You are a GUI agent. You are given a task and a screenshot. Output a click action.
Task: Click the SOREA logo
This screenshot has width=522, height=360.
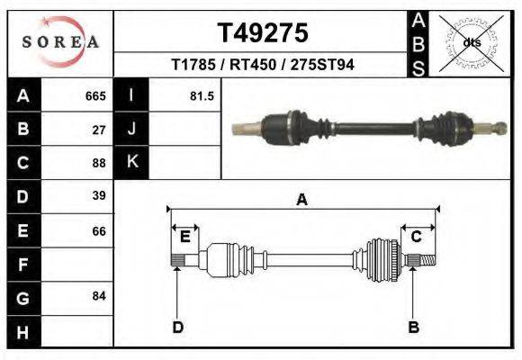[x=60, y=41]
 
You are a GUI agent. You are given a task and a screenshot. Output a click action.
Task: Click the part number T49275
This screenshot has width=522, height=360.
[x=262, y=32]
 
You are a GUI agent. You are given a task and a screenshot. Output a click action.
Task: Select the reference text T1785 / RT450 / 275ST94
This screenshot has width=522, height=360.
[x=262, y=66]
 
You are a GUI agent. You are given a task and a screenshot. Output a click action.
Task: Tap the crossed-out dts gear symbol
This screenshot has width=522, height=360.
[x=471, y=42]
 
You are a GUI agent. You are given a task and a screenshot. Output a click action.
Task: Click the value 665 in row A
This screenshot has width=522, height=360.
[x=95, y=95]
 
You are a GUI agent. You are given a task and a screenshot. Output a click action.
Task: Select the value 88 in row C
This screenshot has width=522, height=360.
[x=99, y=164]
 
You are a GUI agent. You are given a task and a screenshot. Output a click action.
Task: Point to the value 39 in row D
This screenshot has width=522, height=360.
[x=99, y=196]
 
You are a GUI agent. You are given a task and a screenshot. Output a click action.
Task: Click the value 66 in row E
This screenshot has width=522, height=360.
[x=99, y=231]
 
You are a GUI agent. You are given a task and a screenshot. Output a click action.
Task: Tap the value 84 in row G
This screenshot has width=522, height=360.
[x=99, y=296]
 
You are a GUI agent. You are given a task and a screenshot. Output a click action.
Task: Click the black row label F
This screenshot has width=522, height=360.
[x=22, y=265]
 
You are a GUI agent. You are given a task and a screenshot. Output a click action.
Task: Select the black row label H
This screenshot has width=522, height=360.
[x=22, y=332]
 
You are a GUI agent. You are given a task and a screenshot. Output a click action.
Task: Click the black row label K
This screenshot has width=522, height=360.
[x=131, y=162]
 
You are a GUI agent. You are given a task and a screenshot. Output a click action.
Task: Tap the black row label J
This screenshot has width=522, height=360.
[x=131, y=129]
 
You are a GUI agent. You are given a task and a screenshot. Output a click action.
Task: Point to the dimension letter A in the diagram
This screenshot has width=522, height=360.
[x=301, y=200]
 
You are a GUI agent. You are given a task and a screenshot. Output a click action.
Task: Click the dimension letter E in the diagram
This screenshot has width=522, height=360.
[x=184, y=237]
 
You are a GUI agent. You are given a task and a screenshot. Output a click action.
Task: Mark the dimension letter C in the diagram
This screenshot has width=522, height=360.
[x=417, y=237]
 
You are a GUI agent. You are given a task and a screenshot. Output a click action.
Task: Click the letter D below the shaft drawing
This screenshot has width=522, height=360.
[x=177, y=327]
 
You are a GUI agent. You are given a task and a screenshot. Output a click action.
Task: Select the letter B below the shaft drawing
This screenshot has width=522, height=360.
[x=414, y=327]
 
